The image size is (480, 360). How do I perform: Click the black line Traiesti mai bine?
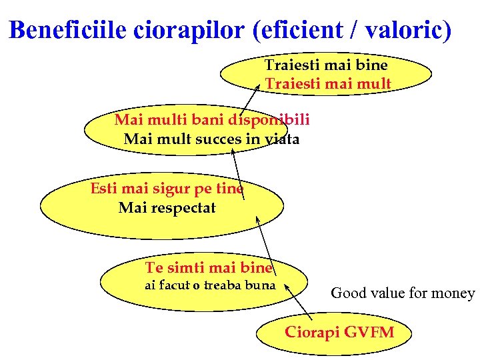click(326, 65)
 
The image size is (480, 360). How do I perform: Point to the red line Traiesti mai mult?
click(328, 84)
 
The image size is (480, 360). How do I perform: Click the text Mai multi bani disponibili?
click(212, 120)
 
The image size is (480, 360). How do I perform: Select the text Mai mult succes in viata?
click(211, 139)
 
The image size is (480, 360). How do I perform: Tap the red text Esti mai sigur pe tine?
click(167, 188)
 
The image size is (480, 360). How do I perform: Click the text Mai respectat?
click(167, 208)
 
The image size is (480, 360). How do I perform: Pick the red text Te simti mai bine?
click(209, 268)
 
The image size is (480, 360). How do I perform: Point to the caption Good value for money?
click(403, 293)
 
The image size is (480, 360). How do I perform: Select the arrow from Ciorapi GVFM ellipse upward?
click(298, 301)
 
